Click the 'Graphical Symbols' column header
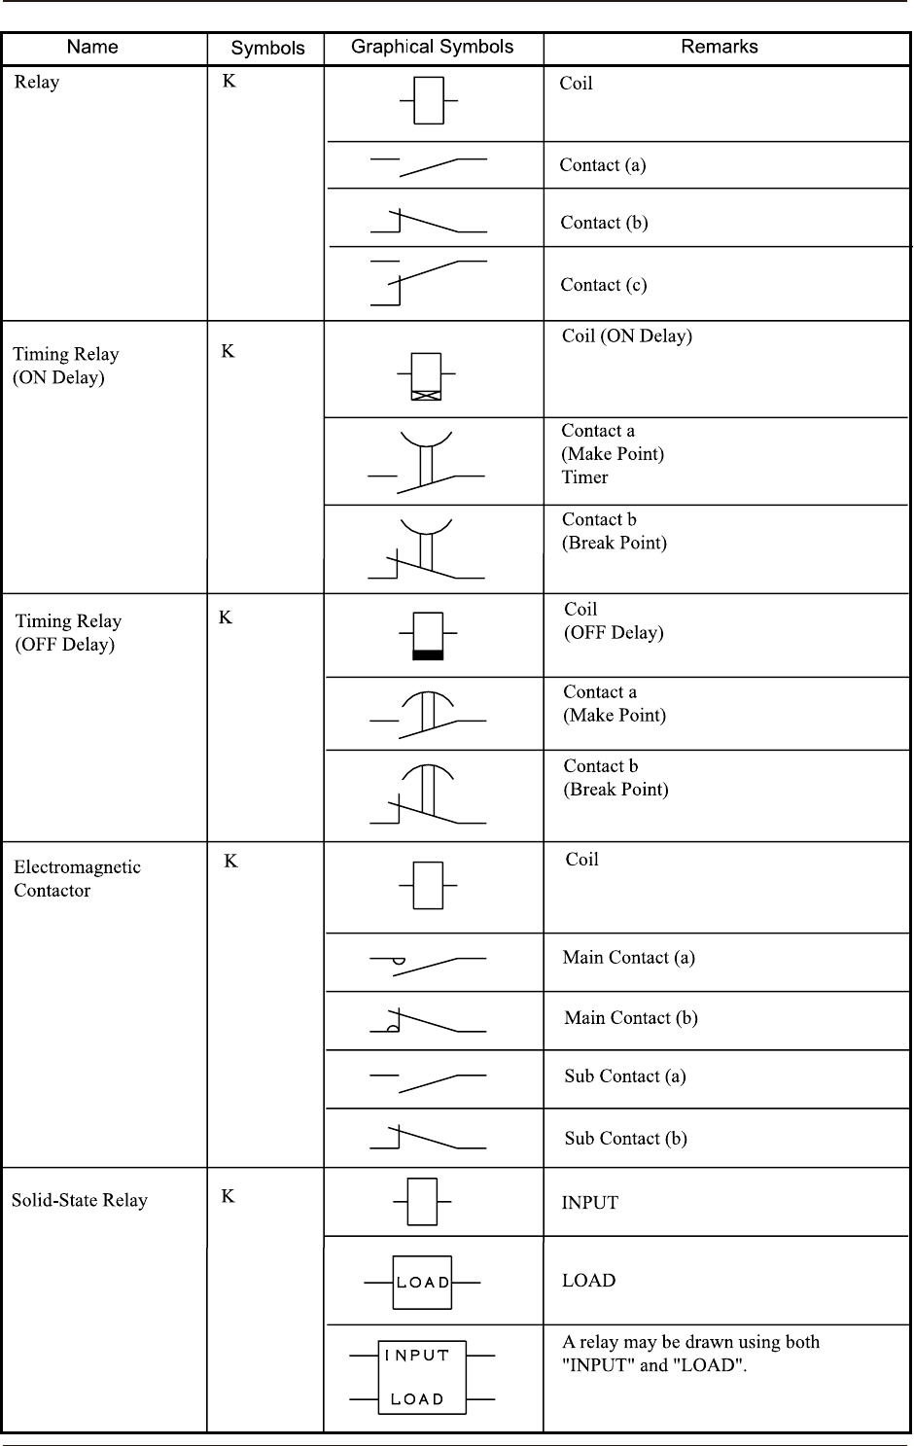coord(432,47)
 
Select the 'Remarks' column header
coord(719,47)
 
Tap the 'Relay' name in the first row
coord(37,82)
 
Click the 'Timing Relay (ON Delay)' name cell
coord(66,366)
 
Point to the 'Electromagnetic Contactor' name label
coord(77,878)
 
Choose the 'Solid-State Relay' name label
coord(80,1200)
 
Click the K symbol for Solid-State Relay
coord(228,1196)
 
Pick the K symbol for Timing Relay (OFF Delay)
coord(226,617)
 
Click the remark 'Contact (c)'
coord(603,285)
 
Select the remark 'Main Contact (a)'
coord(628,958)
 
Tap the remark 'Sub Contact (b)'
coord(625,1139)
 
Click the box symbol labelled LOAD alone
coord(422,1283)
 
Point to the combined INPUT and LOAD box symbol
coord(422,1377)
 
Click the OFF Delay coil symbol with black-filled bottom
coord(428,636)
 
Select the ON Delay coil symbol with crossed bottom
coord(426,376)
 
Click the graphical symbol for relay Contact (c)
coord(428,282)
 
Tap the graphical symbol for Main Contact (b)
coord(428,1020)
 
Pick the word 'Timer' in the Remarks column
coord(584,477)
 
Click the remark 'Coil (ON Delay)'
coord(627,336)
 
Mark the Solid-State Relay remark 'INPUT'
coord(589,1203)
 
